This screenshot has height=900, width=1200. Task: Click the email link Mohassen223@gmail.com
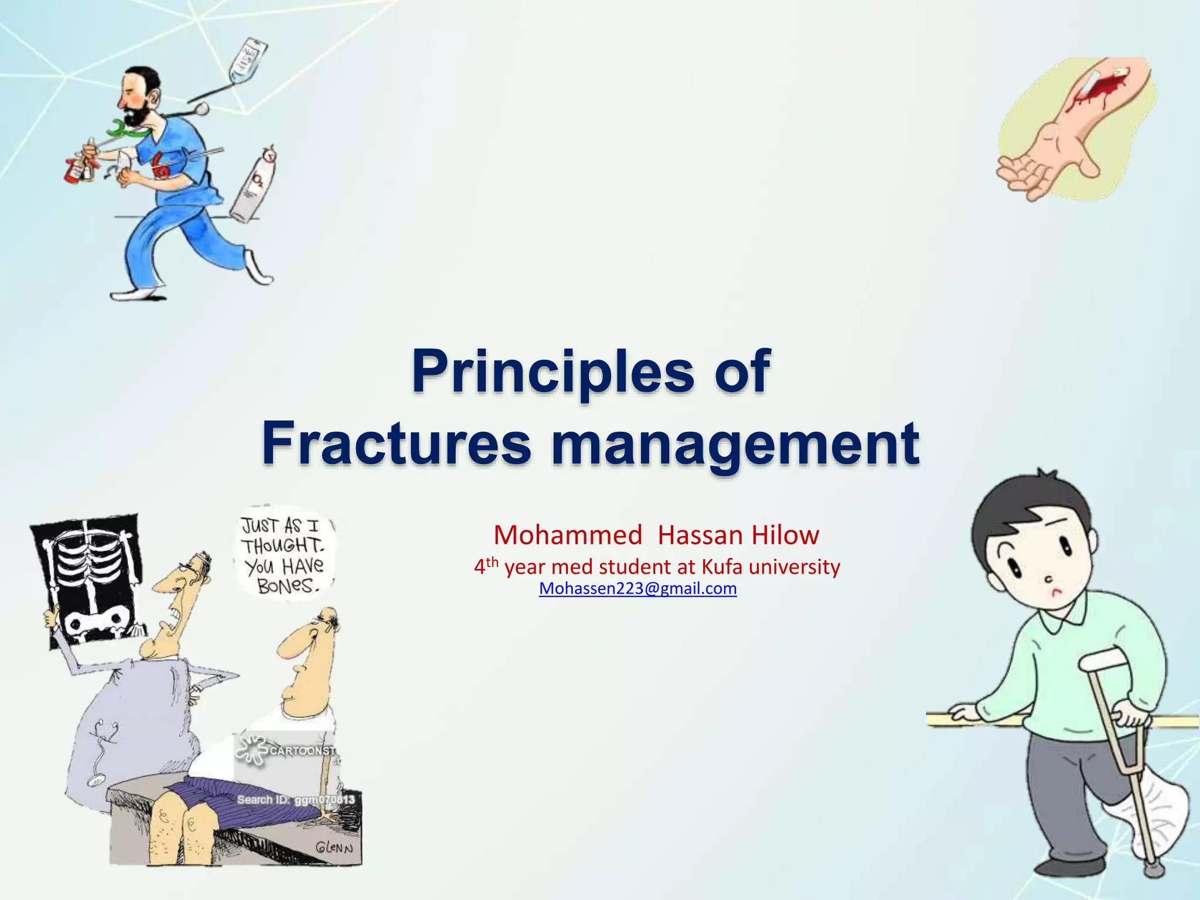pos(637,588)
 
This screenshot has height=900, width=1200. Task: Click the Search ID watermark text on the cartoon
pos(295,800)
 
